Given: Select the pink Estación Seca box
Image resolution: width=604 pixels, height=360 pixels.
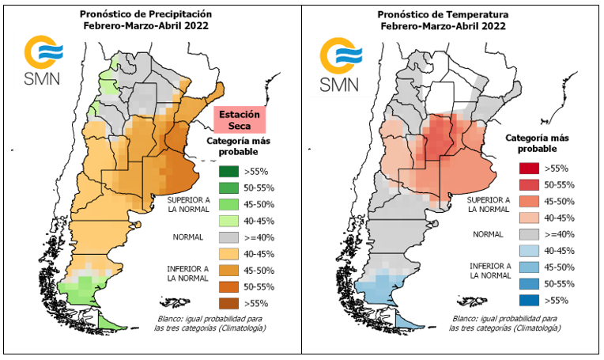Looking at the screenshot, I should pyautogui.click(x=239, y=119).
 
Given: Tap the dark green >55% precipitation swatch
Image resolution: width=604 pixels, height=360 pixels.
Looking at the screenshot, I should pyautogui.click(x=228, y=170).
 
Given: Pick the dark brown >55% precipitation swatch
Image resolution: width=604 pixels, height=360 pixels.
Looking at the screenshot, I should pyautogui.click(x=228, y=301).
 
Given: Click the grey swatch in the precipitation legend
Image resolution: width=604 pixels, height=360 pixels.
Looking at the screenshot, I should pyautogui.click(x=228, y=237).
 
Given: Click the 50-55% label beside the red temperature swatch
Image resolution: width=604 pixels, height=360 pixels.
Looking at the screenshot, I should pyautogui.click(x=562, y=184).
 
